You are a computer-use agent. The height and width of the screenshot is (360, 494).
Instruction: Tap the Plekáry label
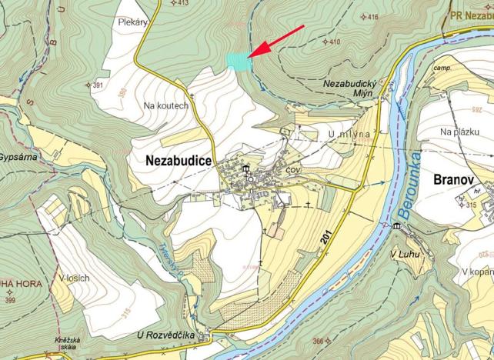pos(133,22)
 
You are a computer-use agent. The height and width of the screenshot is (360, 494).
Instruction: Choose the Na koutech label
pos(165,105)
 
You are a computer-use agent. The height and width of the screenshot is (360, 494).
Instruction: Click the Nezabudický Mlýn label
pos(348,87)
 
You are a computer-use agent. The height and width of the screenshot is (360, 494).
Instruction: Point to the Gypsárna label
pos(18,155)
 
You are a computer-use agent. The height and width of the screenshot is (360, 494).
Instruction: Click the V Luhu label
pos(404,255)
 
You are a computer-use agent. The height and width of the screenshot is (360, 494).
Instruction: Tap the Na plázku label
pos(460,132)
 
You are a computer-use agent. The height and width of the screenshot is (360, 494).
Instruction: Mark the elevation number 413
pos(182,3)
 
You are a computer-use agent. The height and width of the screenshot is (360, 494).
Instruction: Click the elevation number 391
pos(98,85)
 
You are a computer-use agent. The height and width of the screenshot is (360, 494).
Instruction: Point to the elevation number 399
pos(11,299)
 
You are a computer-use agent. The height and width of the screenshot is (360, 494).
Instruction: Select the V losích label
pos(74,278)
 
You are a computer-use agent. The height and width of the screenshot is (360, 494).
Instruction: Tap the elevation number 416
pos(372,17)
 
